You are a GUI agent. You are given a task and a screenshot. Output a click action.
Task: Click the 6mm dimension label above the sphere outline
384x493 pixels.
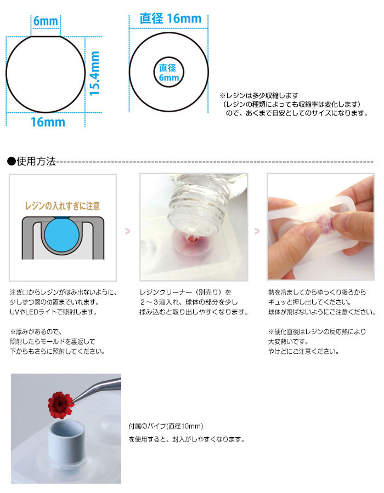46,21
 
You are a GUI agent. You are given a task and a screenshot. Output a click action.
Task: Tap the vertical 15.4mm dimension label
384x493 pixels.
94,73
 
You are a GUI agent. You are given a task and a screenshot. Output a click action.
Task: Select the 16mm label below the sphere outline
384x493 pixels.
48,122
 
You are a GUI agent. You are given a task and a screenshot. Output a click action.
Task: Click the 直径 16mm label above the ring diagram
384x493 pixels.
170,19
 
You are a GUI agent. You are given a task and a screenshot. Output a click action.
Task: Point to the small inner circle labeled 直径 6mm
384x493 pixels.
169,57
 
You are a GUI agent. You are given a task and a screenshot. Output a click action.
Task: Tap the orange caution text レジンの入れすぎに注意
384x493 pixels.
63,206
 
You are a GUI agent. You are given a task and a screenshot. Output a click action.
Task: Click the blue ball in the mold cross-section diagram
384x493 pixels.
62,234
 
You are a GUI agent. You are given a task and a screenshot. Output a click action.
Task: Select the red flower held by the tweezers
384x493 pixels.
61,405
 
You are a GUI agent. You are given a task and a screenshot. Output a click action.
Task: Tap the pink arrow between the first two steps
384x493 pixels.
127,231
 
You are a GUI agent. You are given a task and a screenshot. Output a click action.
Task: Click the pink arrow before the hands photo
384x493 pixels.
257,231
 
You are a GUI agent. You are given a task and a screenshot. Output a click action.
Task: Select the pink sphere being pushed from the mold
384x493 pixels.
324,222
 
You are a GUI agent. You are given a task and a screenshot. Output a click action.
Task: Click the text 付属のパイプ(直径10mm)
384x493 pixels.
166,426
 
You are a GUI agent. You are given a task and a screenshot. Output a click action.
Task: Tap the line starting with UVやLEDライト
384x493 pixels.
54,312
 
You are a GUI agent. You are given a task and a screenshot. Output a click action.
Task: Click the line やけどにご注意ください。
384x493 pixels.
303,352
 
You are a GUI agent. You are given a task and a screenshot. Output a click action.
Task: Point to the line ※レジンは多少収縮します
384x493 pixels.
259,95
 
